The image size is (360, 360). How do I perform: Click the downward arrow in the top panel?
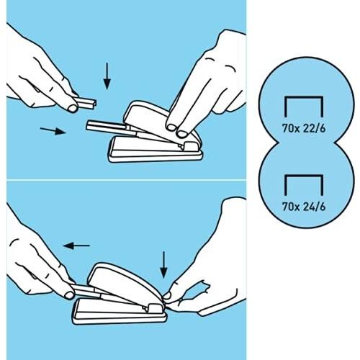[x=107, y=76]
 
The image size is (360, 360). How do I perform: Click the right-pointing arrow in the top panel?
[x=52, y=130]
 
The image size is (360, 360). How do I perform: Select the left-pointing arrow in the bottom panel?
[x=76, y=246]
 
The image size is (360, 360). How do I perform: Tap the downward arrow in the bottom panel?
[x=164, y=265]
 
